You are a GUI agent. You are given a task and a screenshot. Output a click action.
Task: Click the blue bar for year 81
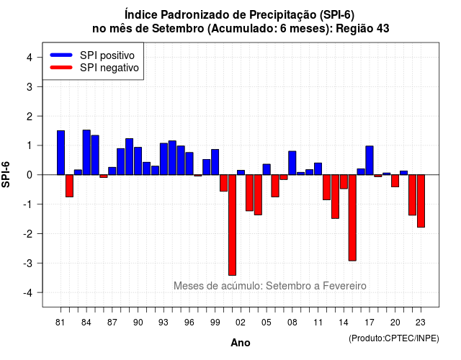(x=61, y=153)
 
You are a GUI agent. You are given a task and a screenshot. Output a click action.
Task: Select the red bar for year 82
(x=69, y=186)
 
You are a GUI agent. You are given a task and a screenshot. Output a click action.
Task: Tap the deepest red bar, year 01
(x=232, y=225)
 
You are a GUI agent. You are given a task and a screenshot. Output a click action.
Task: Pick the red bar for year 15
(x=352, y=217)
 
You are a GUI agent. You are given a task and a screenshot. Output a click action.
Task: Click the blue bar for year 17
(x=370, y=161)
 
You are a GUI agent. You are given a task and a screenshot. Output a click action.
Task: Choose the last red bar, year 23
(x=421, y=201)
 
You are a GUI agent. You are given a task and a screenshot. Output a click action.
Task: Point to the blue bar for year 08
(x=292, y=163)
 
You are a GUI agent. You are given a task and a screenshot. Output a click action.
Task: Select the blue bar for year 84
(x=86, y=153)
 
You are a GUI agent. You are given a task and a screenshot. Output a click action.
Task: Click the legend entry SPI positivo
(x=107, y=55)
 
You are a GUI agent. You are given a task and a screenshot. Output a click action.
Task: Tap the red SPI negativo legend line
(x=61, y=68)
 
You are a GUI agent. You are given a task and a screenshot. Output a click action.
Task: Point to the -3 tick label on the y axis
(x=29, y=263)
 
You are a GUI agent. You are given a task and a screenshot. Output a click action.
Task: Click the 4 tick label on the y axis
(x=30, y=58)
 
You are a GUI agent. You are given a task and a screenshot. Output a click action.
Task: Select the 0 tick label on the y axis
(x=30, y=175)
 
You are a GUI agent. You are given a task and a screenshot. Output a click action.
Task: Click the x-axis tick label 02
(x=241, y=323)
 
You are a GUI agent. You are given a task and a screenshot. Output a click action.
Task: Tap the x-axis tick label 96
(x=189, y=323)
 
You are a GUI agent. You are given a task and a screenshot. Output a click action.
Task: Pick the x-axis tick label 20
(x=395, y=323)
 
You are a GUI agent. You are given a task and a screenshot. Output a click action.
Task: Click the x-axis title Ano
(x=241, y=343)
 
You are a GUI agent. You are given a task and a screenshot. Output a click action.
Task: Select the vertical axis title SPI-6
(x=6, y=174)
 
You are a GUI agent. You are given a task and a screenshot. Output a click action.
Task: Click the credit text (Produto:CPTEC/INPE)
(x=394, y=338)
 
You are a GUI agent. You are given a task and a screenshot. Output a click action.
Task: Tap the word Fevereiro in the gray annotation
(x=344, y=286)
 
